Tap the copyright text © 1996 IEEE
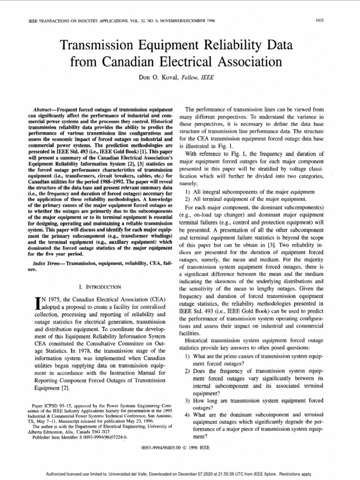(x=197, y=448)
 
